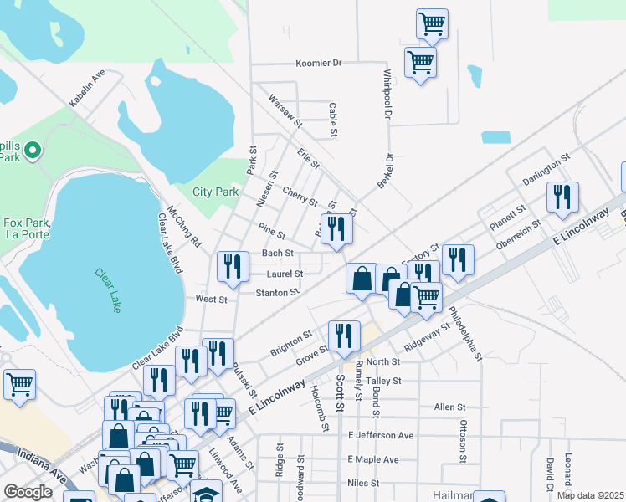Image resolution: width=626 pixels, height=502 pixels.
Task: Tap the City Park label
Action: [216, 192]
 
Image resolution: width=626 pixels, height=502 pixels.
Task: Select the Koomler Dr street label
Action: [320, 63]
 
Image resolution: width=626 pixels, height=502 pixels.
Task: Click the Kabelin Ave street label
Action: [87, 88]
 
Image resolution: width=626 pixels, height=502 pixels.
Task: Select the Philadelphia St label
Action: [465, 333]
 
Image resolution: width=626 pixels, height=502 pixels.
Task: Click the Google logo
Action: [28, 493]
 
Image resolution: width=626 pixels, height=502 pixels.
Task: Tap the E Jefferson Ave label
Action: [380, 436]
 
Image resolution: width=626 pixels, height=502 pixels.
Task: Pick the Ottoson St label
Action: [462, 441]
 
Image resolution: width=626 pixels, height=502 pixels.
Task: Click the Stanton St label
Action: [277, 293]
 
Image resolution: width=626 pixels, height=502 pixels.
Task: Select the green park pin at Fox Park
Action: [32, 151]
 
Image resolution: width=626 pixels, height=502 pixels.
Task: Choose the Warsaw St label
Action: [285, 111]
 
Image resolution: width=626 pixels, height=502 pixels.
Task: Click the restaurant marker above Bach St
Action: [336, 228]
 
